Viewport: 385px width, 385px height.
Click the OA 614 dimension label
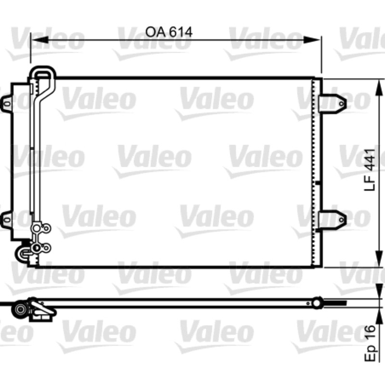[169, 32]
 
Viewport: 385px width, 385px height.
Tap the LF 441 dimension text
[370, 170]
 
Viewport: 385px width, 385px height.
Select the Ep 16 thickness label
[370, 343]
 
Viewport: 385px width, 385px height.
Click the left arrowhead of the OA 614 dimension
[39, 40]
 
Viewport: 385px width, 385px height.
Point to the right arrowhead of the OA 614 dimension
[311, 40]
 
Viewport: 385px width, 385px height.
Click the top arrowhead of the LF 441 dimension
[379, 88]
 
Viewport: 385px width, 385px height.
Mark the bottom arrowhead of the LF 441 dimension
[379, 258]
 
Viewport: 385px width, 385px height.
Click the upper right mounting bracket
[333, 103]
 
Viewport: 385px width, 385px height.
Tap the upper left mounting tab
[7, 103]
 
